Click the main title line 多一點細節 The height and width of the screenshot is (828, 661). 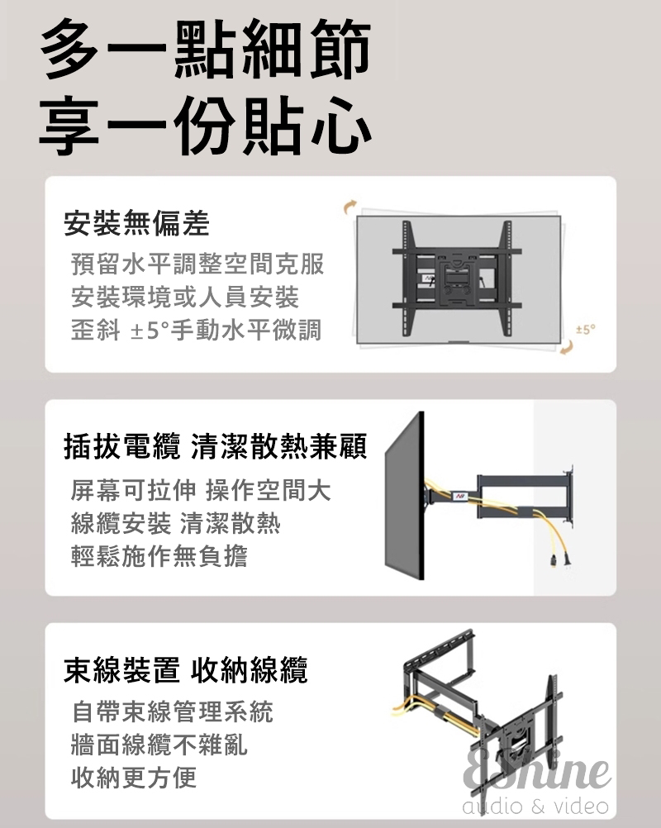206,49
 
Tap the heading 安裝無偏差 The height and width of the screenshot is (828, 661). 136,223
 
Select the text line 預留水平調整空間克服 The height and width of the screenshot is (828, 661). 197,264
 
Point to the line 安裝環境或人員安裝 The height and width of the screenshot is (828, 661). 185,297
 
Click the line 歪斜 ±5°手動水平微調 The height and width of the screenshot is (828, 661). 196,330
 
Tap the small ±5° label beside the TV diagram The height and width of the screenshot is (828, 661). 586,330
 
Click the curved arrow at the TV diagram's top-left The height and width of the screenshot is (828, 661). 350,207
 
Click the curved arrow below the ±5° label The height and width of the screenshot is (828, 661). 567,347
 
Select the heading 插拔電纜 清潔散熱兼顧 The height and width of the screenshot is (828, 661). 216,447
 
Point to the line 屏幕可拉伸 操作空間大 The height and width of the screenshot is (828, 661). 201,490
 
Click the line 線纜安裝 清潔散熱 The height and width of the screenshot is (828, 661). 176,523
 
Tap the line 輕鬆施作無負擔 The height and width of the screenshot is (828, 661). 159,555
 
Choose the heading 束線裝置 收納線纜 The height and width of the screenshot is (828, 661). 186,670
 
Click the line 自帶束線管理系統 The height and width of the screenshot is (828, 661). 172,711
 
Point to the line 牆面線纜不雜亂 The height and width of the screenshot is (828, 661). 159,744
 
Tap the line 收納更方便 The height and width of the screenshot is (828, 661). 134,777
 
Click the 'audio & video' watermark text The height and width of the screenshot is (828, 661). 535,806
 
